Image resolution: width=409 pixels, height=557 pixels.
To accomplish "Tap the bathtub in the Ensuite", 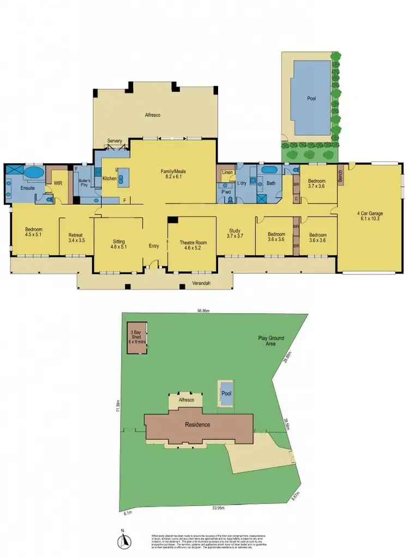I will (34, 173).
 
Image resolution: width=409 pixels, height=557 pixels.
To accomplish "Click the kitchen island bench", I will (123, 176).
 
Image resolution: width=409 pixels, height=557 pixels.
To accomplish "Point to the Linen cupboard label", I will (226, 173).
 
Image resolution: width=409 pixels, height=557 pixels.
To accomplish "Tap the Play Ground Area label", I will (271, 341).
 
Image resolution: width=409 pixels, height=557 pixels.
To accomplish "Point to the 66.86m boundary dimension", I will (204, 311).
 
